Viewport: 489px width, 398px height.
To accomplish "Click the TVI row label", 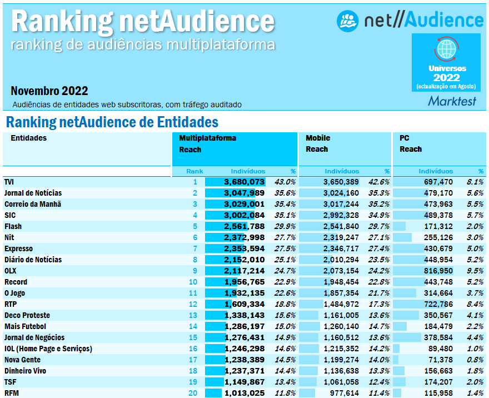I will [9, 182].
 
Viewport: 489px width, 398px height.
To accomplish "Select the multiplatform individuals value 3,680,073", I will [244, 182].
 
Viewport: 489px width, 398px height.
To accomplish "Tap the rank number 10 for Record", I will [193, 282].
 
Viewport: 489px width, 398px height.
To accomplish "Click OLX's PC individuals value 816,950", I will [436, 271].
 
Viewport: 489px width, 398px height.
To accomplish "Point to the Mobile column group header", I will [318, 138].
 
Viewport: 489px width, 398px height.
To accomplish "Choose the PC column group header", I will [404, 138].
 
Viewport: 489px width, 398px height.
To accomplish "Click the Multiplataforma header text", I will [207, 138].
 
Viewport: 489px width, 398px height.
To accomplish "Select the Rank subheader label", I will [194, 171].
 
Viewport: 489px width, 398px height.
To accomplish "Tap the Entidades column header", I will [29, 138].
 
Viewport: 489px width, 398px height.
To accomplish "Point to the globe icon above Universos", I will [446, 49].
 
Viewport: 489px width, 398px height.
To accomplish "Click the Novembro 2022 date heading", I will [49, 91].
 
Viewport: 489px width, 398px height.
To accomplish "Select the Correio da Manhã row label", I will [32, 204].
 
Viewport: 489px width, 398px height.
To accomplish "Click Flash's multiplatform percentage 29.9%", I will [285, 226].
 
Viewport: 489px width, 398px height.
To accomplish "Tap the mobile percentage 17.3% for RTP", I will [379, 304].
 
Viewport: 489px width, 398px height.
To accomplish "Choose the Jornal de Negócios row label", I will [34, 337].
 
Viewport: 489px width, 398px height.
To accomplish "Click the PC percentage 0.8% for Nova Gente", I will [475, 360].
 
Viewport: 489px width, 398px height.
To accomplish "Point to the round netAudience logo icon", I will [348, 21].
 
